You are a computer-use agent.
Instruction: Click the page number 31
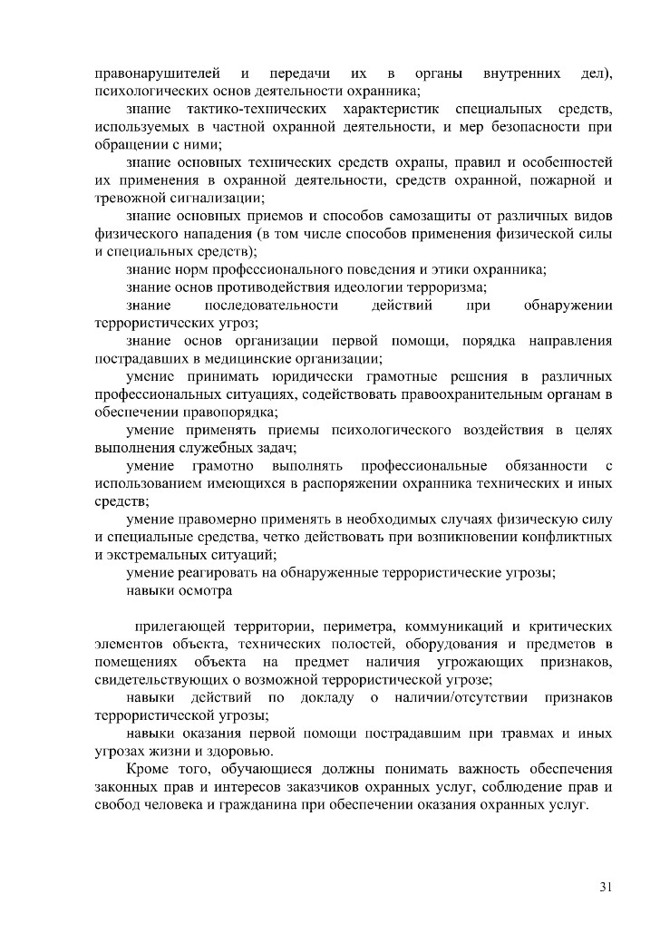pos(606,886)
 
